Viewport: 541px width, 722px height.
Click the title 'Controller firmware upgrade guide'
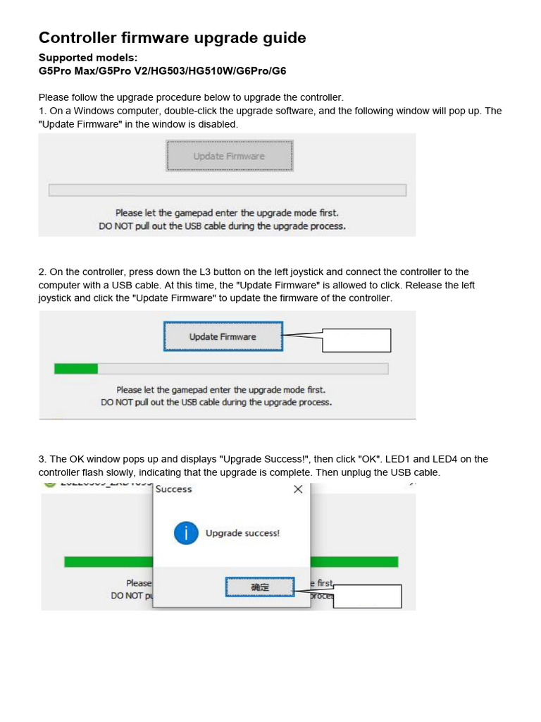[172, 38]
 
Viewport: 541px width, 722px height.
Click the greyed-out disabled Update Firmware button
[229, 156]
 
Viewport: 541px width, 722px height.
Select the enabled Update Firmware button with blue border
[223, 336]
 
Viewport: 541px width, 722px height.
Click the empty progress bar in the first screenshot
[227, 190]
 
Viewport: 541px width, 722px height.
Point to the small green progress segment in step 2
[76, 369]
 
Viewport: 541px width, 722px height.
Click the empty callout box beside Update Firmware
[356, 340]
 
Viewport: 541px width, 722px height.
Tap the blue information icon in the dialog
[186, 533]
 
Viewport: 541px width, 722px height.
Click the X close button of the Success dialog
[297, 489]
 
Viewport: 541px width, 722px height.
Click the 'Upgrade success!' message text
[242, 533]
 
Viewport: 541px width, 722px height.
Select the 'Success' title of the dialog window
[173, 489]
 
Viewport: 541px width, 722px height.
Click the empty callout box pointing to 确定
[367, 596]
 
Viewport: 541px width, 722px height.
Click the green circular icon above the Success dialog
[49, 484]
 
